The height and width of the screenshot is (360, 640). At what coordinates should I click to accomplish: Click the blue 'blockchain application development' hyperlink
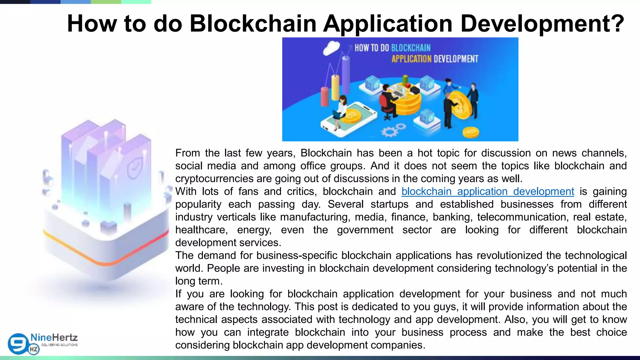coord(487,191)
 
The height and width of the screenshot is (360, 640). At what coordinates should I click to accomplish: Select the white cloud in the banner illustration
coord(331,48)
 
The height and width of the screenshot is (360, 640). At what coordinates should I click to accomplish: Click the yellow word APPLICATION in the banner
coord(411,59)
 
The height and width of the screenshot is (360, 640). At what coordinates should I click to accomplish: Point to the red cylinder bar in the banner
coord(325,97)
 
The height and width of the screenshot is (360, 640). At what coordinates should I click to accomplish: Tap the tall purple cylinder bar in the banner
coord(346,77)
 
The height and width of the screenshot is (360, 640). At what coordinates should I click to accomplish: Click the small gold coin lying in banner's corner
coord(470,132)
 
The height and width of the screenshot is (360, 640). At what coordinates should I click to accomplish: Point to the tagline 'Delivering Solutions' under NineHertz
coord(59,345)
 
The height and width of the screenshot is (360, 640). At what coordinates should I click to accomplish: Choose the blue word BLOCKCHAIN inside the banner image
coord(411,48)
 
